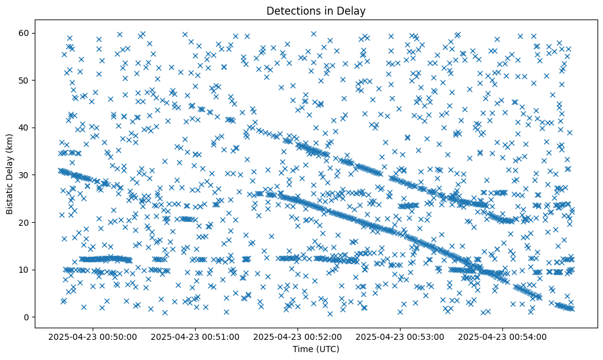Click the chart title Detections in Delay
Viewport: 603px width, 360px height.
(316, 10)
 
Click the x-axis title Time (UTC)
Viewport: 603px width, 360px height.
(316, 349)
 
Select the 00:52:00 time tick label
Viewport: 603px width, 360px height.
(299, 336)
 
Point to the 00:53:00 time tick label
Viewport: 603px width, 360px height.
(401, 336)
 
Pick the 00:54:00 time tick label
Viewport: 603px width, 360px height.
(503, 336)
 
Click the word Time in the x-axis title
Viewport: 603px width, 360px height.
(302, 349)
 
